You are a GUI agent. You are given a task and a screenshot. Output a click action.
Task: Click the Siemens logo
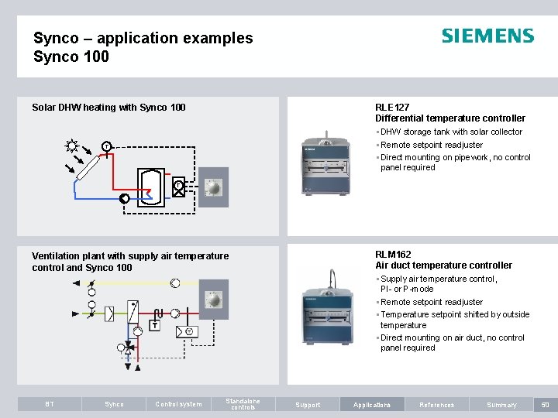point(487,36)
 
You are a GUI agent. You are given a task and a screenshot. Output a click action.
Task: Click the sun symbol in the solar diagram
point(73,145)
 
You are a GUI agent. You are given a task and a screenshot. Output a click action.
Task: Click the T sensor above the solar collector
point(106,146)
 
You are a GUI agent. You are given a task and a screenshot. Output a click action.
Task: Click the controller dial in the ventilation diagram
point(213,300)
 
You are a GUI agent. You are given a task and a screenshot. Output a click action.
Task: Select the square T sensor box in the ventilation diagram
point(155,325)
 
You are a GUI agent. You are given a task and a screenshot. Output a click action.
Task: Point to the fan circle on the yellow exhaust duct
point(175,283)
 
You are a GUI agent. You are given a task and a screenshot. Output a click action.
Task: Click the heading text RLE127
point(392,107)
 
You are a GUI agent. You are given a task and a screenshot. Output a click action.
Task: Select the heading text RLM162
point(393,254)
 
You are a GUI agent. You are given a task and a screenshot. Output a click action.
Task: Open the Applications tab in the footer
point(372,404)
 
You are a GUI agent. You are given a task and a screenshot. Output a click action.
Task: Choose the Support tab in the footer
point(308,404)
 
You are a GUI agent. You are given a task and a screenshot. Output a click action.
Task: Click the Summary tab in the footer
point(501,404)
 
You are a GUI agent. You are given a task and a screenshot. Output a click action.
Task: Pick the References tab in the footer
point(437,404)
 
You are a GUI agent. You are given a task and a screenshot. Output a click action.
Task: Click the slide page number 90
point(546,404)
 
